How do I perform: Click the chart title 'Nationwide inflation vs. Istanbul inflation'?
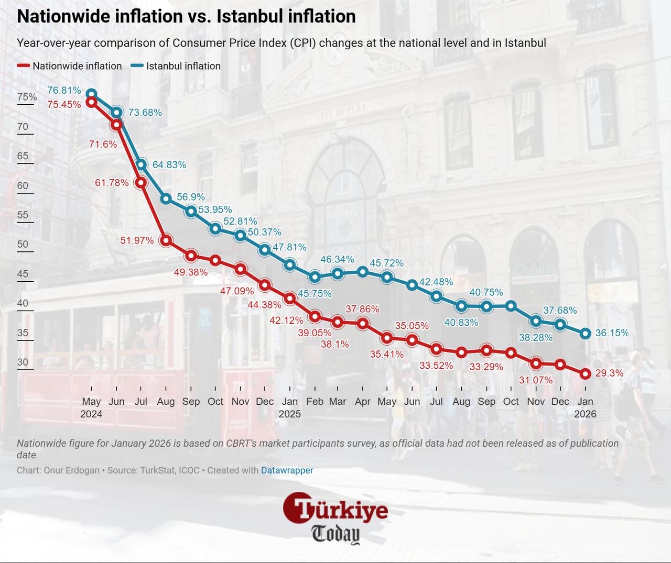(186, 16)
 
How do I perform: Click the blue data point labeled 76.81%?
(91, 94)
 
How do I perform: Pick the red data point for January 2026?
(586, 373)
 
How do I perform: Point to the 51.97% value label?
(137, 240)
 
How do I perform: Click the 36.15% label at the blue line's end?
(612, 333)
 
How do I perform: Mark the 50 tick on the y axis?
(23, 244)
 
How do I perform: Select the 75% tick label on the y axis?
(27, 97)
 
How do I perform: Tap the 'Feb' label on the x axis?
(315, 401)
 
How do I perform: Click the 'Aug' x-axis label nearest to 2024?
(166, 401)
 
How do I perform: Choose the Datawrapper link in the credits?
(287, 470)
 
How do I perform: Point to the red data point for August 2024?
(166, 240)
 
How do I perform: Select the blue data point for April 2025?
(363, 271)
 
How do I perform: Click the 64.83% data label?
(169, 164)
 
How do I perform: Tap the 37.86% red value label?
(362, 309)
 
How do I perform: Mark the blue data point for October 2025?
(511, 306)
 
